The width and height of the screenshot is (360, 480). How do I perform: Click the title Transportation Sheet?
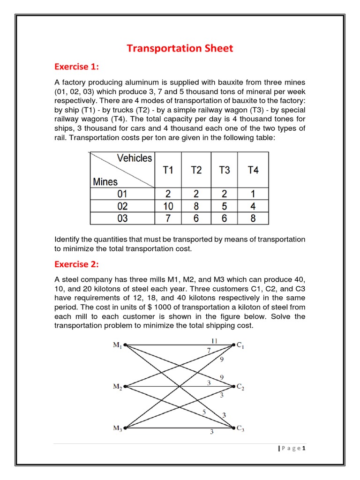[180, 48]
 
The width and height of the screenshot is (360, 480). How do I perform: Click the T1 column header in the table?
[168, 170]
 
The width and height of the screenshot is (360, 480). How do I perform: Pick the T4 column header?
[253, 170]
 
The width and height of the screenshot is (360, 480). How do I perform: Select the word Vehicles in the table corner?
[135, 158]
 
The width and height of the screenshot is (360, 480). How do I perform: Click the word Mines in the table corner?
[105, 182]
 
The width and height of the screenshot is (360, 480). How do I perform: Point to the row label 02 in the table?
[122, 206]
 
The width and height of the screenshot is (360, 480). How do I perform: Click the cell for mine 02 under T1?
[168, 206]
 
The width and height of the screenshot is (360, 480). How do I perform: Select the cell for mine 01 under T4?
[253, 194]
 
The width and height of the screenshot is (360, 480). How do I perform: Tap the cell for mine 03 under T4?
[253, 218]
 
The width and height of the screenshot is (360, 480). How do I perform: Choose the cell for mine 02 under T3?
[225, 206]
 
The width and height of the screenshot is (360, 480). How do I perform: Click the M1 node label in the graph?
[117, 345]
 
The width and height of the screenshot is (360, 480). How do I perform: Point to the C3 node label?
[240, 428]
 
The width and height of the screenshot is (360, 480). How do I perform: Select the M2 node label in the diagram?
[117, 387]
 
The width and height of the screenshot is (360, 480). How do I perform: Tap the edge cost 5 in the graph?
[204, 412]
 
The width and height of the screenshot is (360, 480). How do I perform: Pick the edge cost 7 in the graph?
[209, 351]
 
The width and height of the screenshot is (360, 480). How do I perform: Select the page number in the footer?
[304, 449]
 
